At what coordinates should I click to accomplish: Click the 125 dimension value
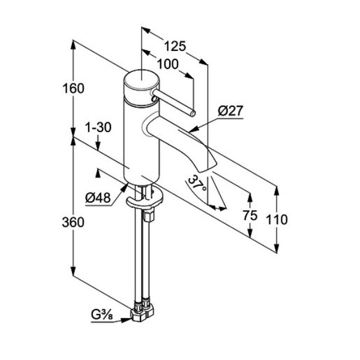tap(175, 46)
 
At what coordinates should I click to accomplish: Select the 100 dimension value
tap(167, 64)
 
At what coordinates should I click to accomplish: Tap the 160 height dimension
tap(73, 88)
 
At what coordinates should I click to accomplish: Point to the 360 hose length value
tap(73, 222)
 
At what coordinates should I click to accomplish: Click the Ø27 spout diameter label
tap(230, 110)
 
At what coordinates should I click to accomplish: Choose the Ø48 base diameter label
tap(98, 197)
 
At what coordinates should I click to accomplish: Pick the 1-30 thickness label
tap(98, 127)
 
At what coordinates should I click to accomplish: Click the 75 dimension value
tap(250, 215)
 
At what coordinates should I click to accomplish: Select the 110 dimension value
tap(277, 219)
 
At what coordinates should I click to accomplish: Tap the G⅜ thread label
tap(102, 314)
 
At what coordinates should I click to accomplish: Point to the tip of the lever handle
tap(193, 113)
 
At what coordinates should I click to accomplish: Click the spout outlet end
tap(208, 167)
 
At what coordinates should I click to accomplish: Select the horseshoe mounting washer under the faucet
tap(144, 198)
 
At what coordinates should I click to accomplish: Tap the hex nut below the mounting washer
tap(149, 216)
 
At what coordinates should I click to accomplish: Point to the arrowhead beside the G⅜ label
tap(126, 320)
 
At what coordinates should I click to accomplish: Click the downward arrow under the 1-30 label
tap(98, 142)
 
